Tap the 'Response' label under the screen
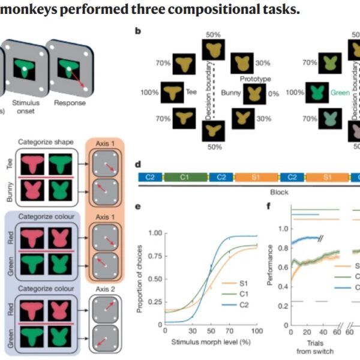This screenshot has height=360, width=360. coord(70,103)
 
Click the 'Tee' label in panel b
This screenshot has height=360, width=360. coord(191,92)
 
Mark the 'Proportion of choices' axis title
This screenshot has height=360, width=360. coord(141,277)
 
